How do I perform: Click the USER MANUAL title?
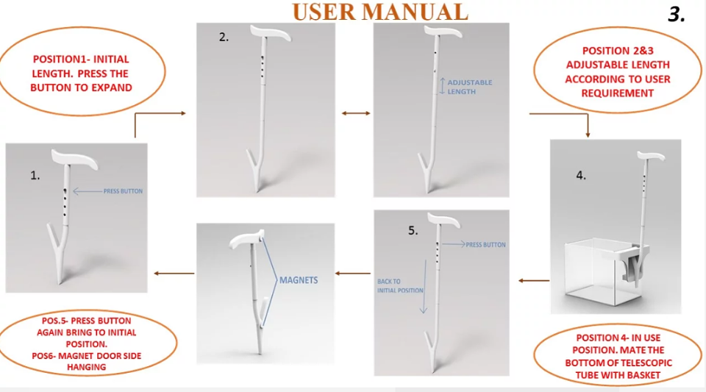coord(380,12)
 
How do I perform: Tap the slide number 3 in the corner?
coord(677,15)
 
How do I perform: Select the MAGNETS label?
coord(299,280)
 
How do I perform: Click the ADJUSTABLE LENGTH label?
coord(470,87)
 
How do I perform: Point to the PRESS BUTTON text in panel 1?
coord(123,191)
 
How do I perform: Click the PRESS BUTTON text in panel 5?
coord(485,245)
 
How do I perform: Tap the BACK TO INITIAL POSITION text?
coord(400,286)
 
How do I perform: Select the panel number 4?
coord(581,176)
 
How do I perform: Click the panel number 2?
coord(224,38)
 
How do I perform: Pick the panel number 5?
coord(413,231)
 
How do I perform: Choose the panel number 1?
coord(35,176)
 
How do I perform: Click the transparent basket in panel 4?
coord(603,272)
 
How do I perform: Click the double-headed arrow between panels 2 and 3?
coord(356,113)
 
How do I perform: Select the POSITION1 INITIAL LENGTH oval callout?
coord(82,71)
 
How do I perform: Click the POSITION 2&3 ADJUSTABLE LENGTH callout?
coord(617,71)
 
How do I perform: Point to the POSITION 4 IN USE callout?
coord(618,354)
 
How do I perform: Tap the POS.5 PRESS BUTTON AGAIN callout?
coord(87,343)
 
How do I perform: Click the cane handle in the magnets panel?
coord(246,240)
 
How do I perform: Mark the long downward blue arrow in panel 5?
coord(424,286)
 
